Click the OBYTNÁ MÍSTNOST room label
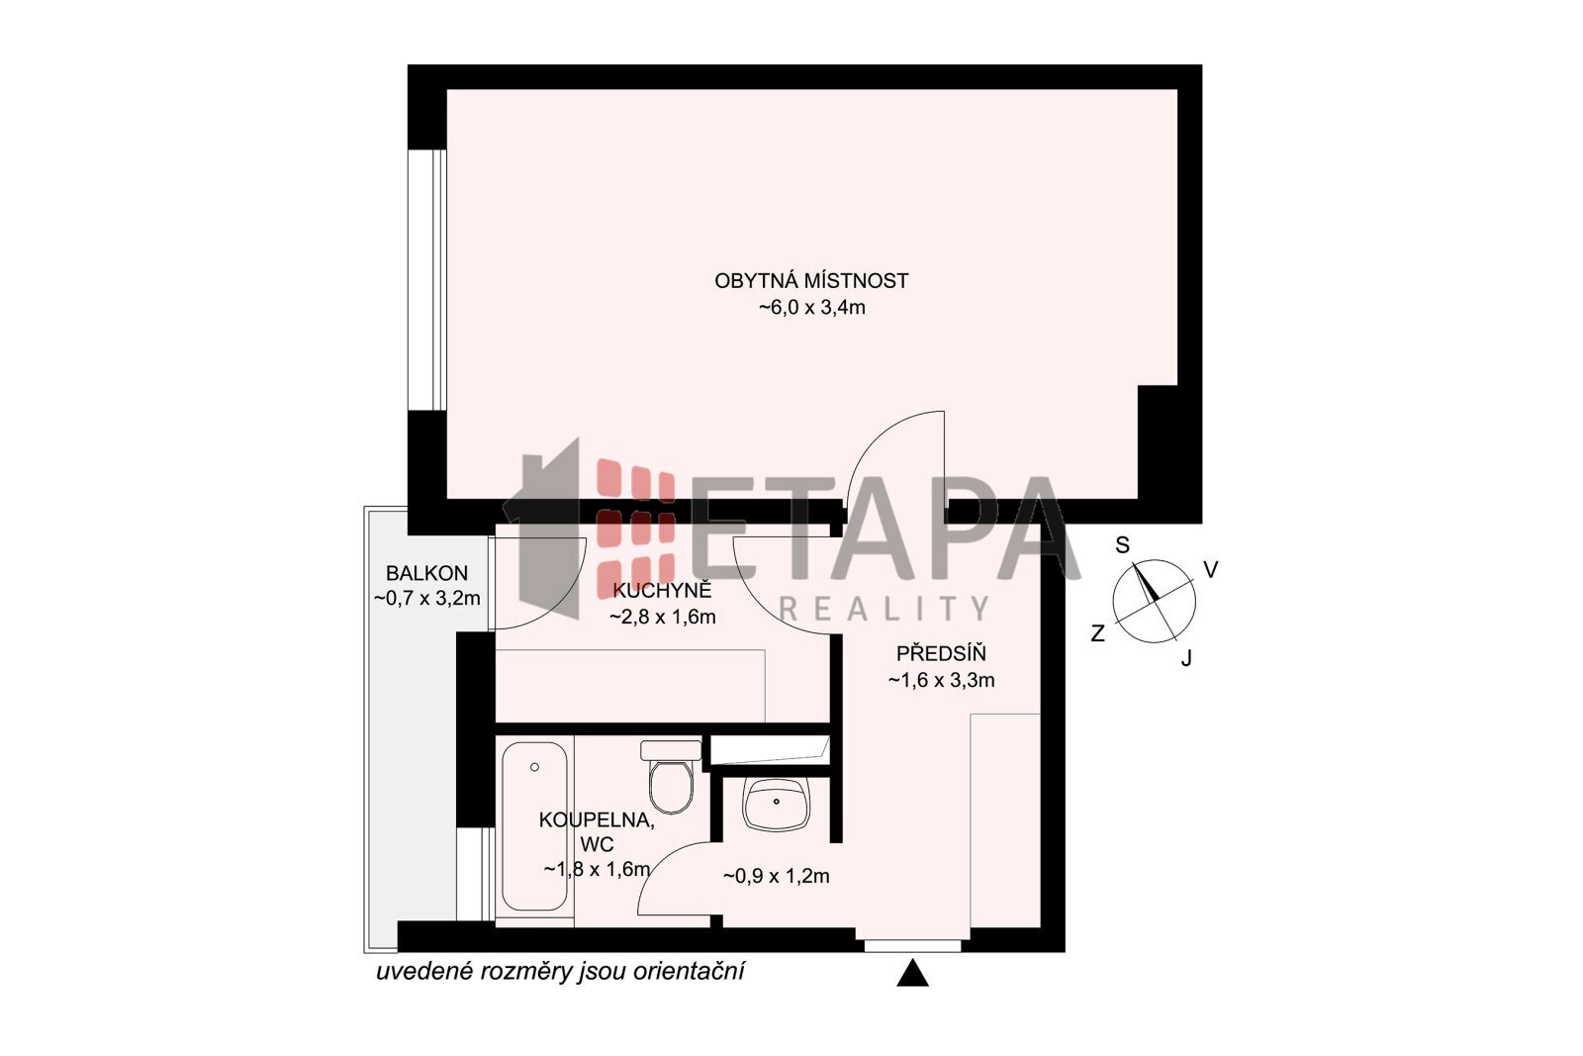[x=811, y=281]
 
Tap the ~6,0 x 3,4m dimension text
[x=812, y=308]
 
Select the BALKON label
[x=426, y=572]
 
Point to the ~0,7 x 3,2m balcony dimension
[x=426, y=598]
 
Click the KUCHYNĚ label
[x=662, y=590]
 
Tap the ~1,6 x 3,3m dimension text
[x=941, y=680]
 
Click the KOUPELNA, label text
[x=597, y=819]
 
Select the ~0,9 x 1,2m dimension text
[x=776, y=877]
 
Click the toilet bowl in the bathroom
[x=671, y=778]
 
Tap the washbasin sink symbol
[x=776, y=804]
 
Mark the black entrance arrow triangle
[x=912, y=973]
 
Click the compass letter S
[x=1122, y=545]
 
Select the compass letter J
[x=1186, y=659]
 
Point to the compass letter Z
[x=1097, y=633]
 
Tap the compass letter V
[x=1211, y=570]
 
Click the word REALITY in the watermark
[x=884, y=609]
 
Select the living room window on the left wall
[x=426, y=280]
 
